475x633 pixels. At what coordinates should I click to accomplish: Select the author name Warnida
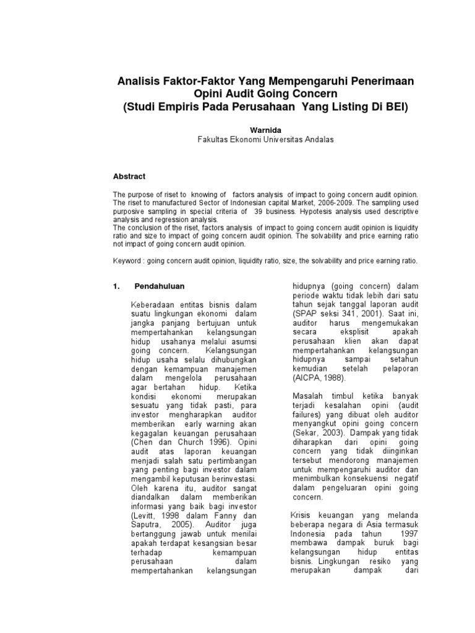[x=265, y=130]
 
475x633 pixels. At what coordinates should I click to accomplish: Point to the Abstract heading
[x=128, y=176]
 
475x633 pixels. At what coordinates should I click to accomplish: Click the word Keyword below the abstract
[x=127, y=261]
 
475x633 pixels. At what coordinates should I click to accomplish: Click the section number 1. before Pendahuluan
[x=116, y=287]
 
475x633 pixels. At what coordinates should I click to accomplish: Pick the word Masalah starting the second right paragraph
[x=307, y=396]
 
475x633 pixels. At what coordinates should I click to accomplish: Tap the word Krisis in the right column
[x=302, y=515]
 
